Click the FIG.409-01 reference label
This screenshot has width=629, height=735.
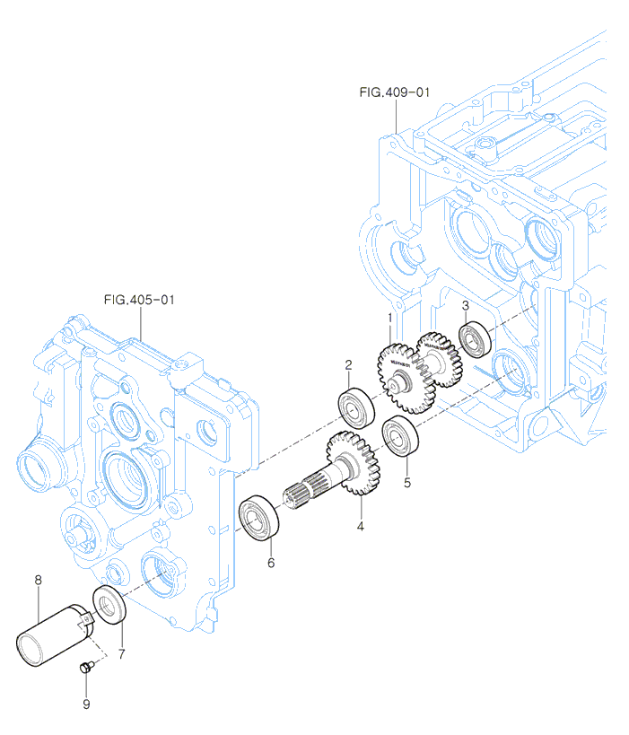(395, 92)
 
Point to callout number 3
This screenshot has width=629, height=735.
(466, 306)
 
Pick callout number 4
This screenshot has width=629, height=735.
(360, 526)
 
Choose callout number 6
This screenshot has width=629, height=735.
(270, 564)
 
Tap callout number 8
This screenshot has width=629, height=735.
(38, 581)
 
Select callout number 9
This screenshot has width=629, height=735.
(86, 704)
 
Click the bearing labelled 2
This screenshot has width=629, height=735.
(356, 407)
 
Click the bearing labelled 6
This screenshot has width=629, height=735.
(261, 518)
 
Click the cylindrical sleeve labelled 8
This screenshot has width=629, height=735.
(53, 634)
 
